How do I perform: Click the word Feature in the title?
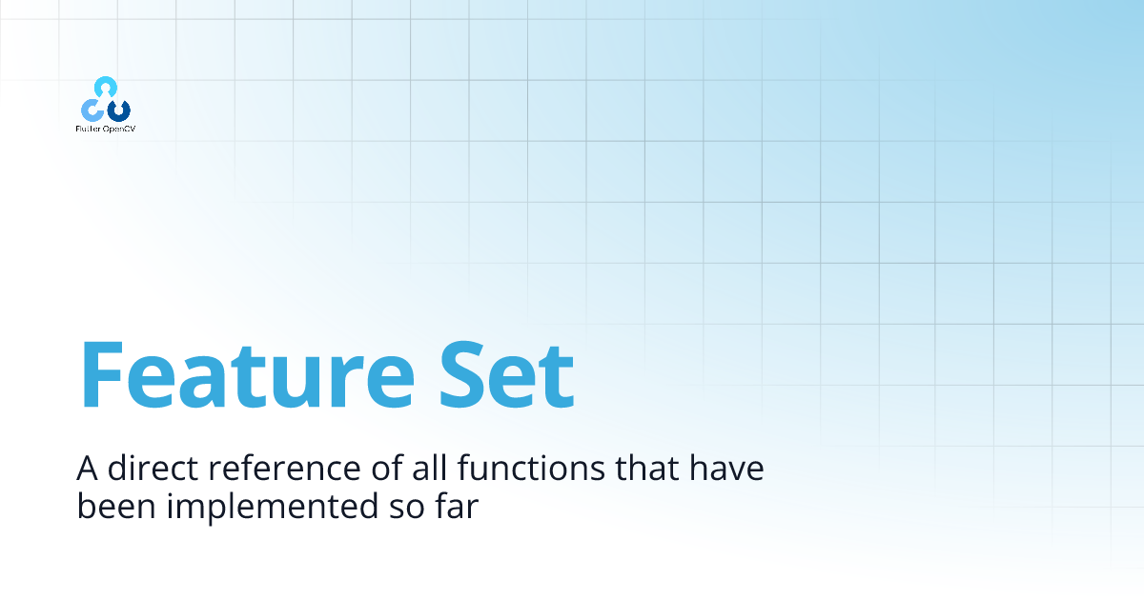coord(247,374)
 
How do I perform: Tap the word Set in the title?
coord(506,374)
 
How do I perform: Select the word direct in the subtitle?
coord(153,467)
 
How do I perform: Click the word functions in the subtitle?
coord(531,467)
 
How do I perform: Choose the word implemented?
coord(273,507)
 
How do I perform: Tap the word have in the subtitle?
coord(726,467)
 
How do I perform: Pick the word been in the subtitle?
coord(116,506)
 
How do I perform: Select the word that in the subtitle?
coord(646,467)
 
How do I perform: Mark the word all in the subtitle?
coord(429,467)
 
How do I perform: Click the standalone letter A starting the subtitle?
coord(87,468)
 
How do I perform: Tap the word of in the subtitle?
coord(387,467)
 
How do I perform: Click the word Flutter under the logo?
coord(88,130)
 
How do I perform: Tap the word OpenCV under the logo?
coord(119,130)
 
